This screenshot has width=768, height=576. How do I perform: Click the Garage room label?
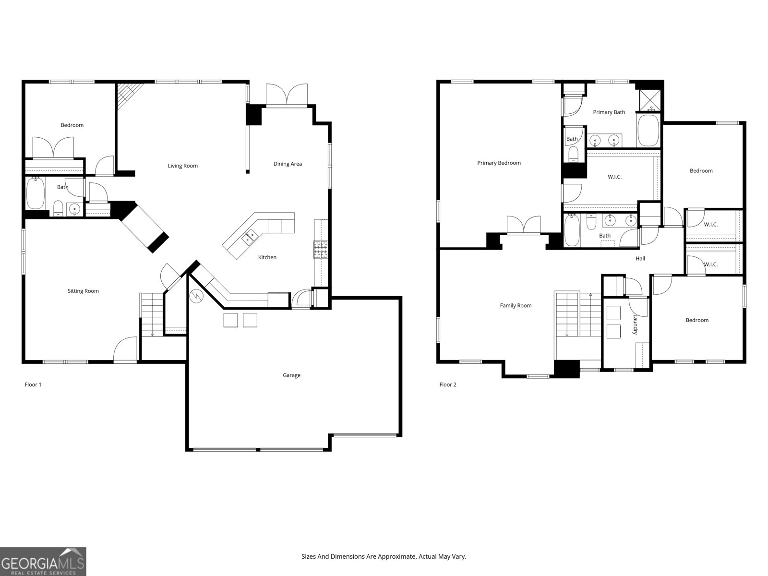tap(291, 375)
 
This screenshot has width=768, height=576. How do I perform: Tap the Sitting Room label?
tap(83, 291)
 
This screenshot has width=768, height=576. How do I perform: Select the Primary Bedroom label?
tap(499, 163)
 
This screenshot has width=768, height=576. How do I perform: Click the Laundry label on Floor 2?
tap(635, 324)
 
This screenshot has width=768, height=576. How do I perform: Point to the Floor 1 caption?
tap(33, 384)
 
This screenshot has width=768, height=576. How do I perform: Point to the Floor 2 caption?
tap(448, 384)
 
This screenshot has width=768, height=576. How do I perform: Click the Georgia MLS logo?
tap(43, 561)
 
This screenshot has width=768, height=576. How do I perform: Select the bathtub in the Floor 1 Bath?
tap(35, 193)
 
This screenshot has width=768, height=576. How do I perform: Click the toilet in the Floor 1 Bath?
tap(58, 209)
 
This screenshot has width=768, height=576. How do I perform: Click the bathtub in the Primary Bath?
tap(648, 131)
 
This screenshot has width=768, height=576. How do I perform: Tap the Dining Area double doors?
tap(287, 95)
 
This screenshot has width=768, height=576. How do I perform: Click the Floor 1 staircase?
tap(152, 314)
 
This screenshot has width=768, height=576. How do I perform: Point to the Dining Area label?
tap(288, 164)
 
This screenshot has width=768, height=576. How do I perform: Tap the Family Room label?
tap(516, 306)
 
